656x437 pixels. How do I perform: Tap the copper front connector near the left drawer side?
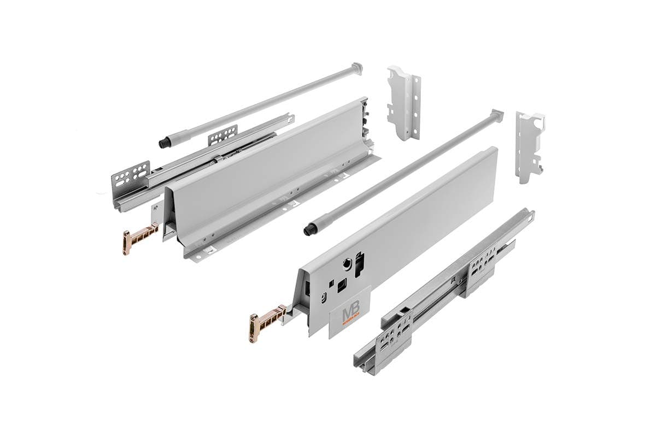135,238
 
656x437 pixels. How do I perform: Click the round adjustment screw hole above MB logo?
347,263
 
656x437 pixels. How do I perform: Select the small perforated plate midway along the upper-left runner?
223,135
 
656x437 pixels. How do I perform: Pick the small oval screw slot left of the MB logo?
324,296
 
